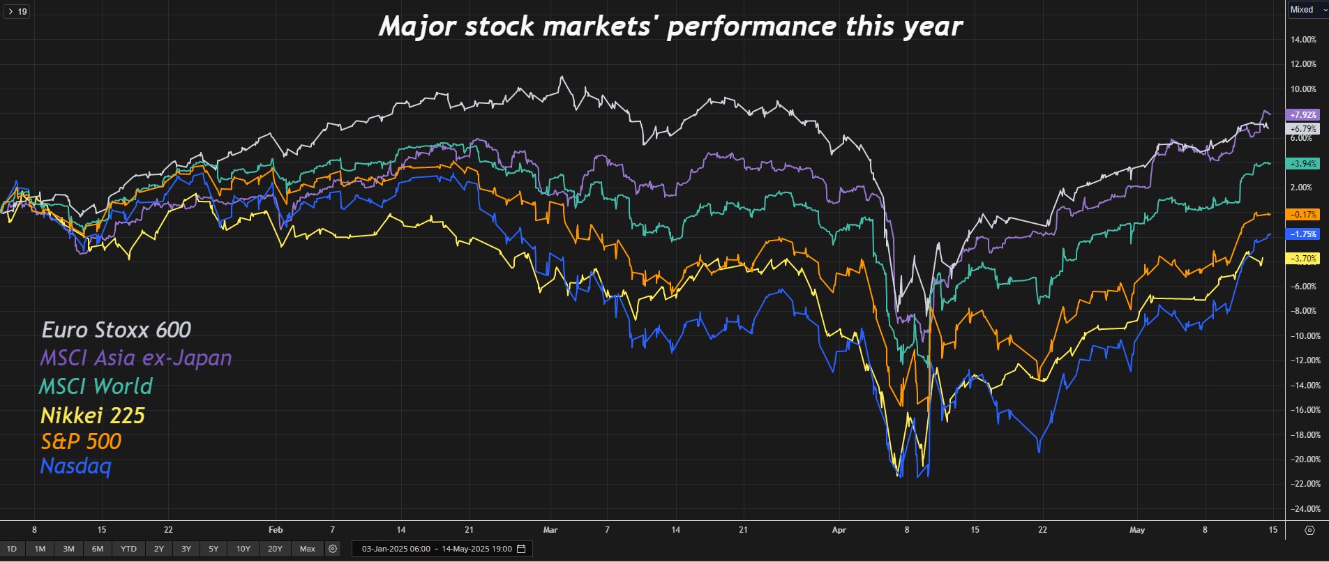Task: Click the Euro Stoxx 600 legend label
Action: coord(116,330)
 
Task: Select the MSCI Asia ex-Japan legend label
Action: coord(136,358)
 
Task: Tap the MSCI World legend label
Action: coord(96,386)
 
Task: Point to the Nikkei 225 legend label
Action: coord(93,416)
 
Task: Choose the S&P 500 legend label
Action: coord(81,441)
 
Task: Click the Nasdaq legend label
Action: coord(76,466)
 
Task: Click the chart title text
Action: coord(670,26)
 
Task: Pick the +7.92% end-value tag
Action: coord(1303,114)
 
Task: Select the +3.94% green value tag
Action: coord(1303,164)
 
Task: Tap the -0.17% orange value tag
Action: coord(1303,215)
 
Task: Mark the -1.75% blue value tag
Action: coord(1303,234)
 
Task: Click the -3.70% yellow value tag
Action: coord(1303,259)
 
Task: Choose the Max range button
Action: coord(308,549)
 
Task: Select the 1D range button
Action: coord(12,549)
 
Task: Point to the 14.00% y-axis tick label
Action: coord(1303,40)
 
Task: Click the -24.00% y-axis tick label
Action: coord(1303,509)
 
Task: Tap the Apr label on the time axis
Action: coord(839,530)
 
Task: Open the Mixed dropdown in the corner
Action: coord(1307,10)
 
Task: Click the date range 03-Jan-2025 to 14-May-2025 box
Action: coord(442,549)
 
